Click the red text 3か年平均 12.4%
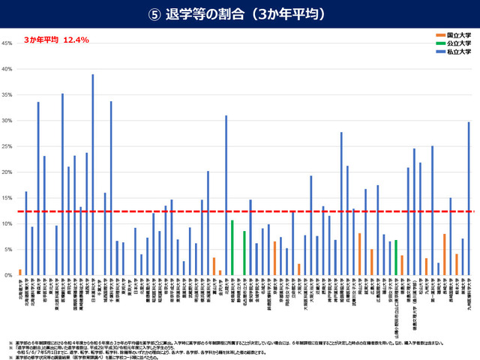coord(56,40)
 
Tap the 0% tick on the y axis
coord(8,275)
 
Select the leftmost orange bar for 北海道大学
coord(20,272)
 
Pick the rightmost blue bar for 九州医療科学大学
coord(469,199)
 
